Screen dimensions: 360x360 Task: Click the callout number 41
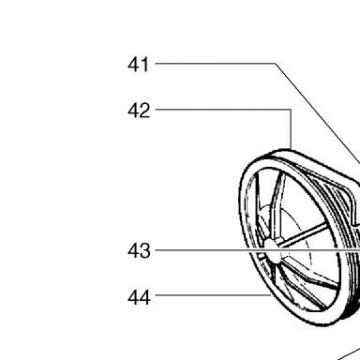point(139,65)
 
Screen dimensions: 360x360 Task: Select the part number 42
point(139,111)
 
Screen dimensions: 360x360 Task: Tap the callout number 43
point(139,251)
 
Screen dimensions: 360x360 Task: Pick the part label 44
point(139,297)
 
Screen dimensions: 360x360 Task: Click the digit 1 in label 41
point(145,65)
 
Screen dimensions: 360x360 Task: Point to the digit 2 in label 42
point(144,111)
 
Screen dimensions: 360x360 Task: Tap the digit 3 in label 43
point(144,251)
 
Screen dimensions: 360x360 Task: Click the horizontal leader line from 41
point(215,64)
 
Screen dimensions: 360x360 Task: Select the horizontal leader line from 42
point(223,110)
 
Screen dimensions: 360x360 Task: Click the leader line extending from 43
point(258,250)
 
